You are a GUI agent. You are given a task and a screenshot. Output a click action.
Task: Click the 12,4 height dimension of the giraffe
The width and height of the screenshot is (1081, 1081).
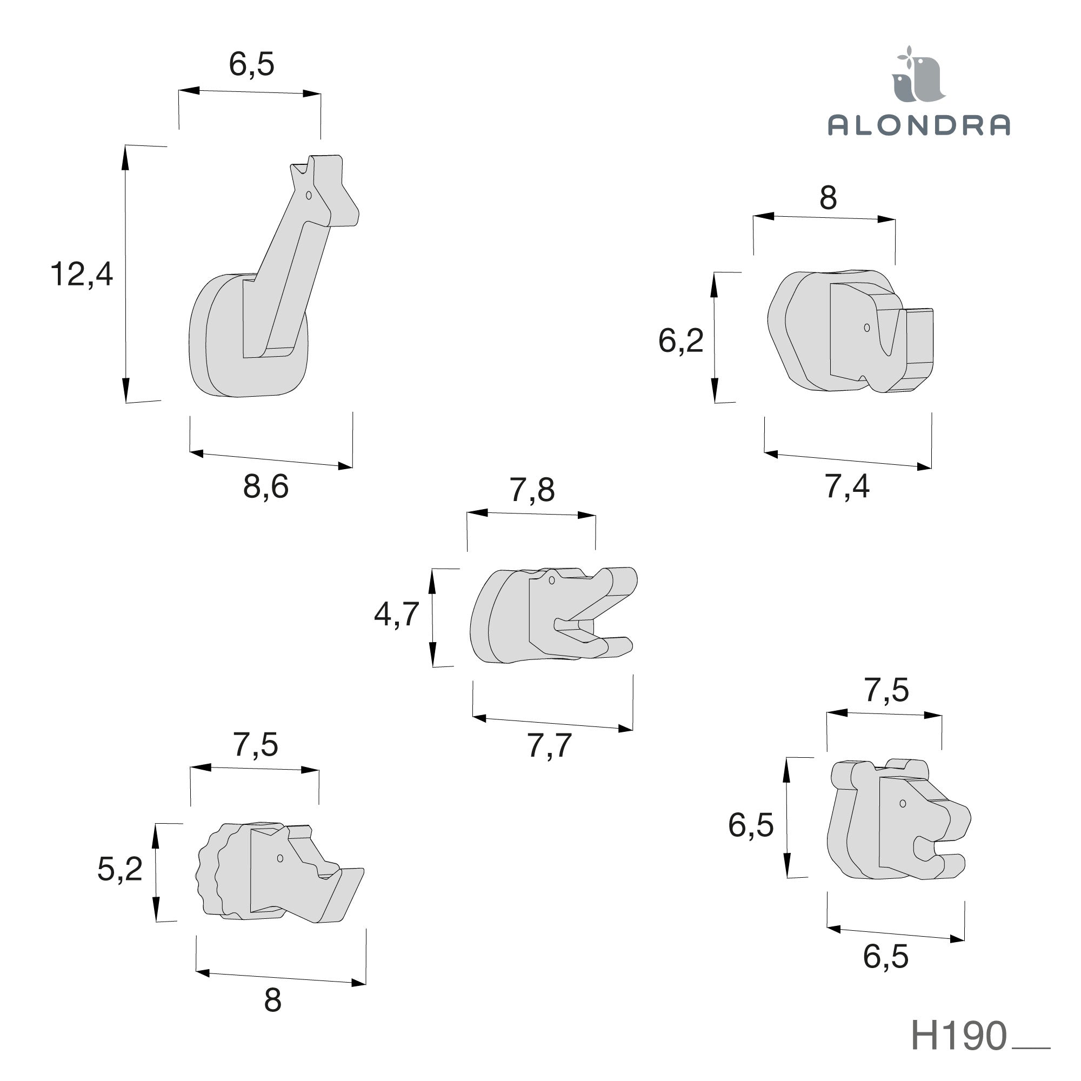tap(82, 274)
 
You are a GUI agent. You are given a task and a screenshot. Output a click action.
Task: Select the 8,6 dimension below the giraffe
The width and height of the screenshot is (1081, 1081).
tap(266, 486)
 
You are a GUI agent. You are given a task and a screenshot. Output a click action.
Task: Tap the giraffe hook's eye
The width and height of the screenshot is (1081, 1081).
tap(308, 195)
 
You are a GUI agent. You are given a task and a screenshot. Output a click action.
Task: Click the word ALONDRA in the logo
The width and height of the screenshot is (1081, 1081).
tap(919, 125)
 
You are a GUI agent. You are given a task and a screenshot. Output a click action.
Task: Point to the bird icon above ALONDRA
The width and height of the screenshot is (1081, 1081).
tap(918, 76)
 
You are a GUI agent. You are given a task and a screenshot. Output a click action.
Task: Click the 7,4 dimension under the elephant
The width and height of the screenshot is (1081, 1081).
tap(847, 486)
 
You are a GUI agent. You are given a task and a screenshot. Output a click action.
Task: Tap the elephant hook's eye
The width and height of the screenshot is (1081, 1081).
tap(867, 328)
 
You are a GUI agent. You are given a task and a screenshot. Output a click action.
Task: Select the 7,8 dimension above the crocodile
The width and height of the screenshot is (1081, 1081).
tap(531, 490)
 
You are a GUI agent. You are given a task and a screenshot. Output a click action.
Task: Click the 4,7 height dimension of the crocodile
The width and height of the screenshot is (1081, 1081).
tap(397, 615)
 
